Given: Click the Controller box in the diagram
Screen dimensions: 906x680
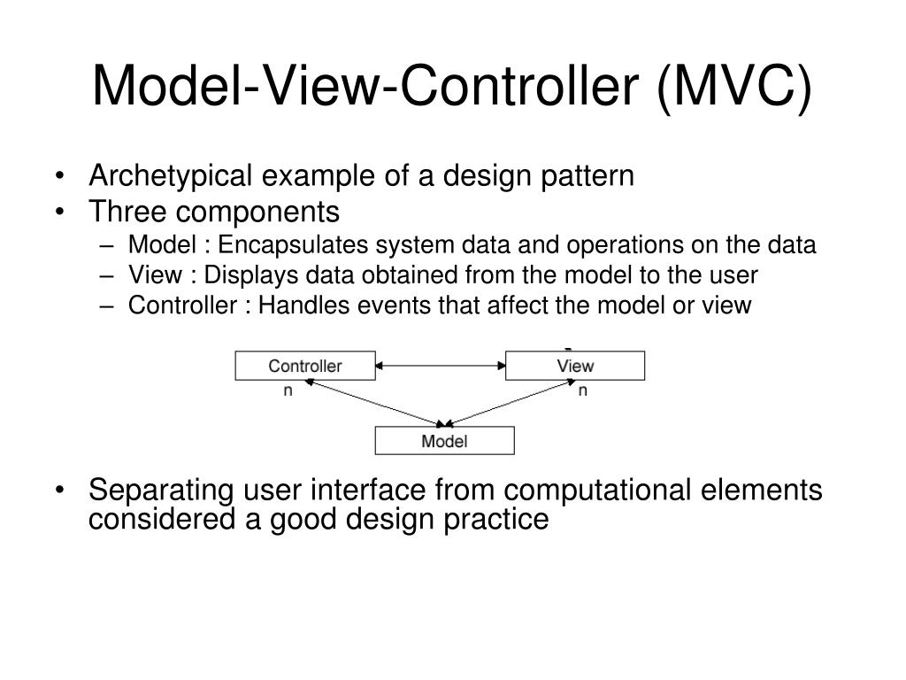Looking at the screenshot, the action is click(x=305, y=366).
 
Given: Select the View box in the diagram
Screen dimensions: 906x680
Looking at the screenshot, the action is click(x=575, y=366).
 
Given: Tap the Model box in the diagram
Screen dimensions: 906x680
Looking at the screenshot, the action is click(x=444, y=441).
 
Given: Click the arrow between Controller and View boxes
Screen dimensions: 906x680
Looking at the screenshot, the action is click(x=441, y=366).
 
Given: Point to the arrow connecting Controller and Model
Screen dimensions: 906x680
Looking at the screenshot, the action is click(x=375, y=403).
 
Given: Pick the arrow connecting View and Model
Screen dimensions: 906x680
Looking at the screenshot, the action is click(x=511, y=403).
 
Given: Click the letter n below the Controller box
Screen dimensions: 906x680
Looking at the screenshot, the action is click(x=288, y=390).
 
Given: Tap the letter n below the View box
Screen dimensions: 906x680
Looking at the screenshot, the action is click(x=582, y=390).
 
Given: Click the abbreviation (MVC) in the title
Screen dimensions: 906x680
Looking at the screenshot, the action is click(x=734, y=87).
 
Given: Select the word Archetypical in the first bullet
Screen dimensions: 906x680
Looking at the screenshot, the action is click(x=171, y=176).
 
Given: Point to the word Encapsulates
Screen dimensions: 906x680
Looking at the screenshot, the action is click(x=293, y=245).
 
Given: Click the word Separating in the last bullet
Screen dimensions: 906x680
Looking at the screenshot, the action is click(x=161, y=491).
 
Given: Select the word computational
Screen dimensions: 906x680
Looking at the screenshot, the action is click(x=597, y=491).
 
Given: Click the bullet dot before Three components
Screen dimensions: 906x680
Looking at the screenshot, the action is click(x=59, y=212).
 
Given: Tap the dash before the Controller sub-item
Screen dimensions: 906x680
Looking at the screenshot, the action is click(x=106, y=306).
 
